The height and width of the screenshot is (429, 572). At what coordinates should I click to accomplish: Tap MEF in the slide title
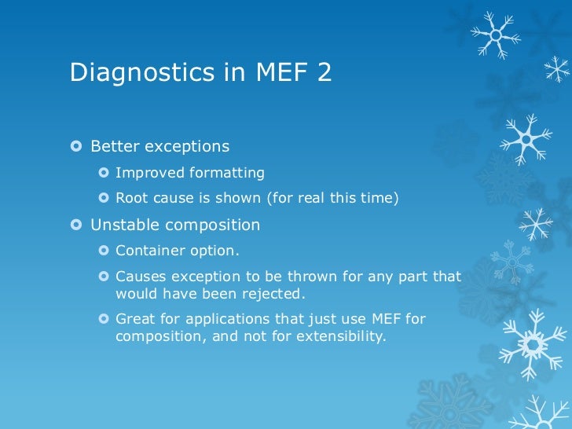(281, 73)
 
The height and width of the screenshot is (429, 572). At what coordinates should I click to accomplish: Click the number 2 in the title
(324, 73)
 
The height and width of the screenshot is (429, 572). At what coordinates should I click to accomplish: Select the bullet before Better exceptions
(76, 147)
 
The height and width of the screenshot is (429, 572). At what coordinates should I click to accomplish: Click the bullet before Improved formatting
(104, 173)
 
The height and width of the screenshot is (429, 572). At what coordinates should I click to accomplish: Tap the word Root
(130, 198)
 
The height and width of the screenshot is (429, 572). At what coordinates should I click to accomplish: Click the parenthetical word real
(313, 198)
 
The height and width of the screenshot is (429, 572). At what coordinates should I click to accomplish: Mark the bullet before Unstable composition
(76, 225)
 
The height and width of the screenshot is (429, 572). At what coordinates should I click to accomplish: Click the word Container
(148, 251)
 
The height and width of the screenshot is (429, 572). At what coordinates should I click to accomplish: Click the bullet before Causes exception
(104, 277)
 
